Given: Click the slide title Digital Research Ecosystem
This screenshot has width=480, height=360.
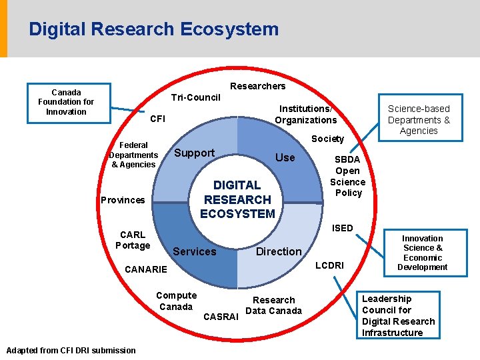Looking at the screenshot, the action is click(153, 29).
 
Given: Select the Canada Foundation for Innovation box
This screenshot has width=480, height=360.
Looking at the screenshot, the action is click(66, 102).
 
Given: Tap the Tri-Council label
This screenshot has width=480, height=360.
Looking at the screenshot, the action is click(195, 97).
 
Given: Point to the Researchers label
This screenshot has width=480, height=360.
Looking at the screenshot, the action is click(257, 86).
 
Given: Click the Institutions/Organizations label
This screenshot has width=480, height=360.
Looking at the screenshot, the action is click(306, 114).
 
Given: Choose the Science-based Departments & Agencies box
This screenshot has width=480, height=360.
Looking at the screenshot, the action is click(419, 119).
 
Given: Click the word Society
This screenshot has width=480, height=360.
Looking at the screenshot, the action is click(327, 139).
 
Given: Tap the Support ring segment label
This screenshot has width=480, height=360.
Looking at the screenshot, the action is click(194, 153).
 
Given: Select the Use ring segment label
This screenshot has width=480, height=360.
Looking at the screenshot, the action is click(285, 157).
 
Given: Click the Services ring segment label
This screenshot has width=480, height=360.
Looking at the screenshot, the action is click(194, 251).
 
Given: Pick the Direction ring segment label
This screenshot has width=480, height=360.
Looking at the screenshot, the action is click(279, 251).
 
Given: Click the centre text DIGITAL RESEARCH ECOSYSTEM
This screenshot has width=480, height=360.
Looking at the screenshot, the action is click(238, 199).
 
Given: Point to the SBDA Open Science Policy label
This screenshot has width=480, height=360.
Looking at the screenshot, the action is click(348, 176).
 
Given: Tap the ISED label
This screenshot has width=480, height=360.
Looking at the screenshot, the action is click(343, 228).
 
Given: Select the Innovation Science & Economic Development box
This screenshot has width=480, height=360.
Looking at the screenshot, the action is click(422, 253).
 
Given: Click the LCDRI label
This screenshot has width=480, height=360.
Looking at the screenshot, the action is click(329, 265).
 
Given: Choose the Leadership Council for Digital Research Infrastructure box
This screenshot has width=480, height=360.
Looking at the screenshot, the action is click(397, 315).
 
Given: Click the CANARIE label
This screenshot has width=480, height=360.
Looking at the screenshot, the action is click(146, 269).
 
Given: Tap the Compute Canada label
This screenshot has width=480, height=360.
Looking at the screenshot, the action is click(176, 301).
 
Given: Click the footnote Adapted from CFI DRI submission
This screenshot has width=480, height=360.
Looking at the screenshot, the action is click(71, 351).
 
